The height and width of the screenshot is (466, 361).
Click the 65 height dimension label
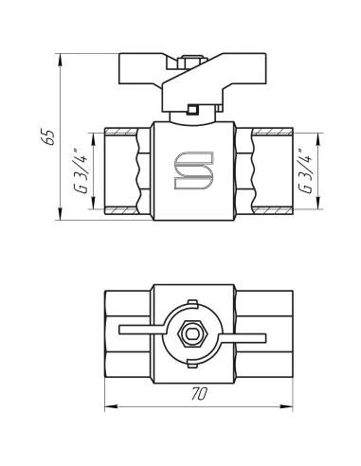(49, 137)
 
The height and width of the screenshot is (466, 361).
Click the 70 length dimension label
(199, 394)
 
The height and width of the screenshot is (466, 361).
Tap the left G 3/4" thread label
(81, 170)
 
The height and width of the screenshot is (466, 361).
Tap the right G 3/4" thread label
(305, 170)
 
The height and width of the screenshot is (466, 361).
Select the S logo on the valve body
(194, 170)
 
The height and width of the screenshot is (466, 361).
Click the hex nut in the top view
(192, 333)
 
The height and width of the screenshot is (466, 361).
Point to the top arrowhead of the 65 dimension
(60, 60)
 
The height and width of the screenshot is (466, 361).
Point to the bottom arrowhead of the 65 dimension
(60, 214)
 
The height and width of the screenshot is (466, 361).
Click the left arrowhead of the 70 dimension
(111, 406)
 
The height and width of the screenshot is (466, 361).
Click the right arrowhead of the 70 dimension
(286, 406)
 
